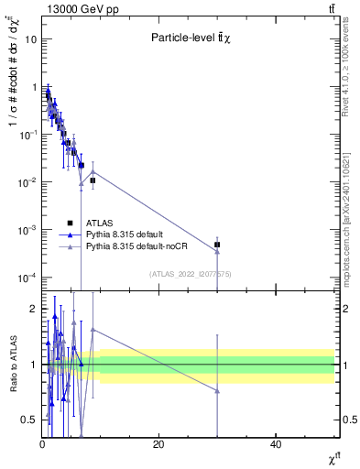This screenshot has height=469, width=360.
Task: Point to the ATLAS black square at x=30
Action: [x=217, y=245]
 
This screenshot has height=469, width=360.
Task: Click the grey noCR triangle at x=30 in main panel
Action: [x=217, y=252]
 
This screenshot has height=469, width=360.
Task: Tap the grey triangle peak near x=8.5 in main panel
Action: [x=92, y=171]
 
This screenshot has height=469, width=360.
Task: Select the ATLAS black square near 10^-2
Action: [x=93, y=180]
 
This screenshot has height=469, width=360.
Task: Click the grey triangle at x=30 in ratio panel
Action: [x=217, y=391]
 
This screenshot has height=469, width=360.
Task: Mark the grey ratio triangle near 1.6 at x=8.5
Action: [x=92, y=330]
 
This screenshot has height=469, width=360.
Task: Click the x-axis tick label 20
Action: [x=158, y=444]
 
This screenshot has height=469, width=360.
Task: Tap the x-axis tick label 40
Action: [x=276, y=444]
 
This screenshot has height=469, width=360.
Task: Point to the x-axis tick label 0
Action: [x=42, y=444]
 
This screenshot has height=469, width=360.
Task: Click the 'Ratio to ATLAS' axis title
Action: [x=13, y=364]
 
